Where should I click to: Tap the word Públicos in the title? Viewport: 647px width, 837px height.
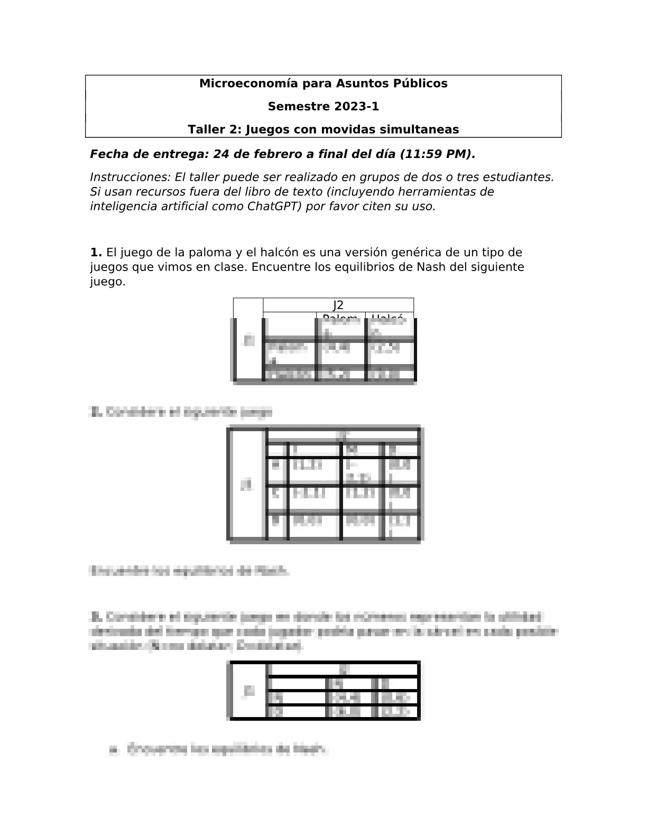[421, 83]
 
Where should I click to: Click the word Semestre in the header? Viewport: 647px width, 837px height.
[298, 107]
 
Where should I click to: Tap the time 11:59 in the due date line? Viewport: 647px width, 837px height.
[424, 154]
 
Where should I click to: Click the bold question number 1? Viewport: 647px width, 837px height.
[96, 253]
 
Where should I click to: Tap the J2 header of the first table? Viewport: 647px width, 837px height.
[338, 305]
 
